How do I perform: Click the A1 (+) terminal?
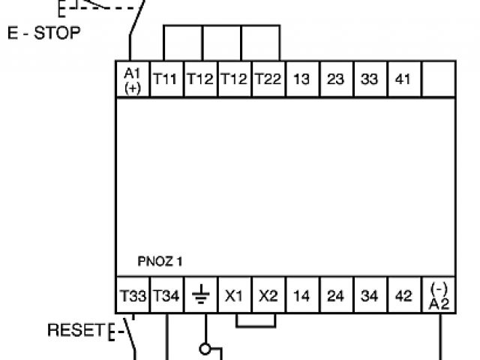(x=132, y=79)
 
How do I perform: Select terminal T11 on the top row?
(x=166, y=79)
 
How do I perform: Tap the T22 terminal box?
(x=268, y=79)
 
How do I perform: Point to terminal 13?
(x=301, y=79)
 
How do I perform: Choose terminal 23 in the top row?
(x=336, y=79)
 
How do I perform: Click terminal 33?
(x=370, y=79)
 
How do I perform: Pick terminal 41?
(x=403, y=79)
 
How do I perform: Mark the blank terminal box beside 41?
(x=438, y=79)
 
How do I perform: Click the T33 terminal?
(x=132, y=295)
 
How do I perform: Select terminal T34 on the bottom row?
(x=166, y=295)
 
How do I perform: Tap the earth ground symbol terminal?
(x=200, y=295)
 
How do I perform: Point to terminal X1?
(x=234, y=295)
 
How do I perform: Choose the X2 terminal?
(x=268, y=295)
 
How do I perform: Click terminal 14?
(x=301, y=295)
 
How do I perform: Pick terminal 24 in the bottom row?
(x=336, y=295)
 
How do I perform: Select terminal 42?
(x=403, y=295)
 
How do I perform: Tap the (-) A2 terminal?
(x=438, y=295)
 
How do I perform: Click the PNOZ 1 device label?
(x=159, y=262)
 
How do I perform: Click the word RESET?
(x=75, y=330)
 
